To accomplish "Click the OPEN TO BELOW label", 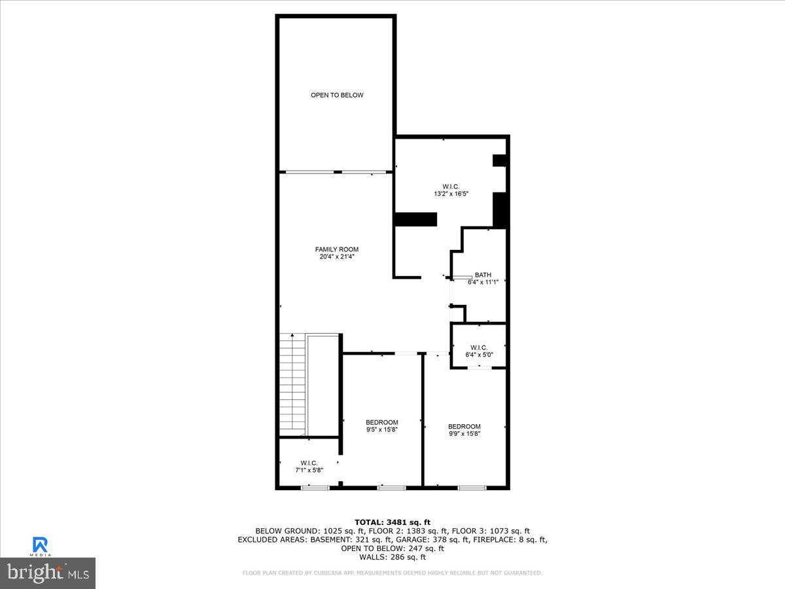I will pos(337,95).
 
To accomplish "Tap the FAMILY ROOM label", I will pos(337,249).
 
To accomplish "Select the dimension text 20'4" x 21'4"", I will pos(337,257).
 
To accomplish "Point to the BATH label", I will pos(483,275).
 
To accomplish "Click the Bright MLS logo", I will pos(48,573).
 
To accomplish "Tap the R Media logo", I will pos(40,546).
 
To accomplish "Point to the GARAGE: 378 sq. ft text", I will pos(434,540).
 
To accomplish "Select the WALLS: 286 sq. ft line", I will pos(392,558).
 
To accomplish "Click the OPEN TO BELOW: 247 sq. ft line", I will pos(392,548).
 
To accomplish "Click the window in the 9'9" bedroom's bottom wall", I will pos(472,488).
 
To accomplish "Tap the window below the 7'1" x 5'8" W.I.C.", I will pos(315,488).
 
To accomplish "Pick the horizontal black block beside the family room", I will pos(416,219).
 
